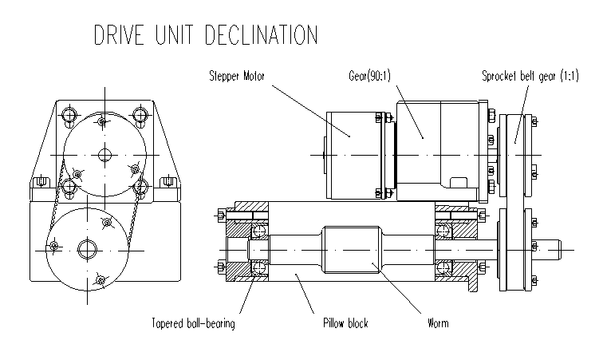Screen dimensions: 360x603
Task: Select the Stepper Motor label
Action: [x=236, y=77]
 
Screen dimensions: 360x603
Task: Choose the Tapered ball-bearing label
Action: [x=194, y=323]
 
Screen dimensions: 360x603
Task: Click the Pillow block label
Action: [x=345, y=323]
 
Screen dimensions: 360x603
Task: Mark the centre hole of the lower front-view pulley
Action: [x=87, y=249]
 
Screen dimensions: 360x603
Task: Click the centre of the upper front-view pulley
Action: [x=102, y=153]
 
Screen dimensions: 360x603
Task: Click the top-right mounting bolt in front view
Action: [x=141, y=114]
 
